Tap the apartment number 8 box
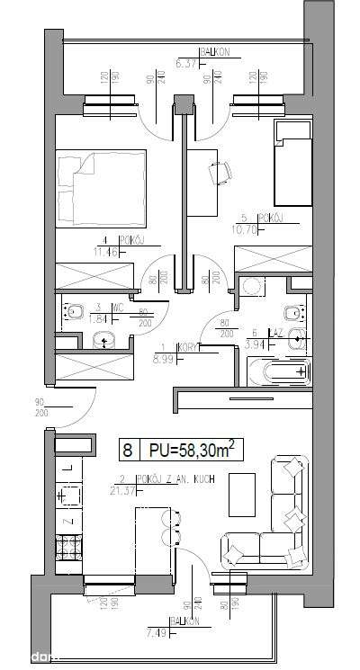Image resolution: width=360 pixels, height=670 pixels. (x=130, y=447)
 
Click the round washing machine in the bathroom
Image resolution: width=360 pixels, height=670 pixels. (x=252, y=288)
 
